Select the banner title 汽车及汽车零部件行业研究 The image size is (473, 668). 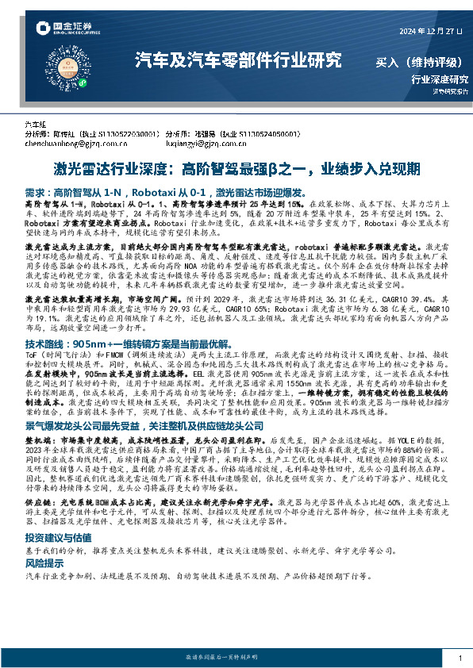(x=238, y=60)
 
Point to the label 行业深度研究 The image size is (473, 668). (x=440, y=79)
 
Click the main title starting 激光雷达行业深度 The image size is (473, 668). (x=236, y=170)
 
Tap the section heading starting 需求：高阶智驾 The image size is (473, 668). (x=158, y=193)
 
